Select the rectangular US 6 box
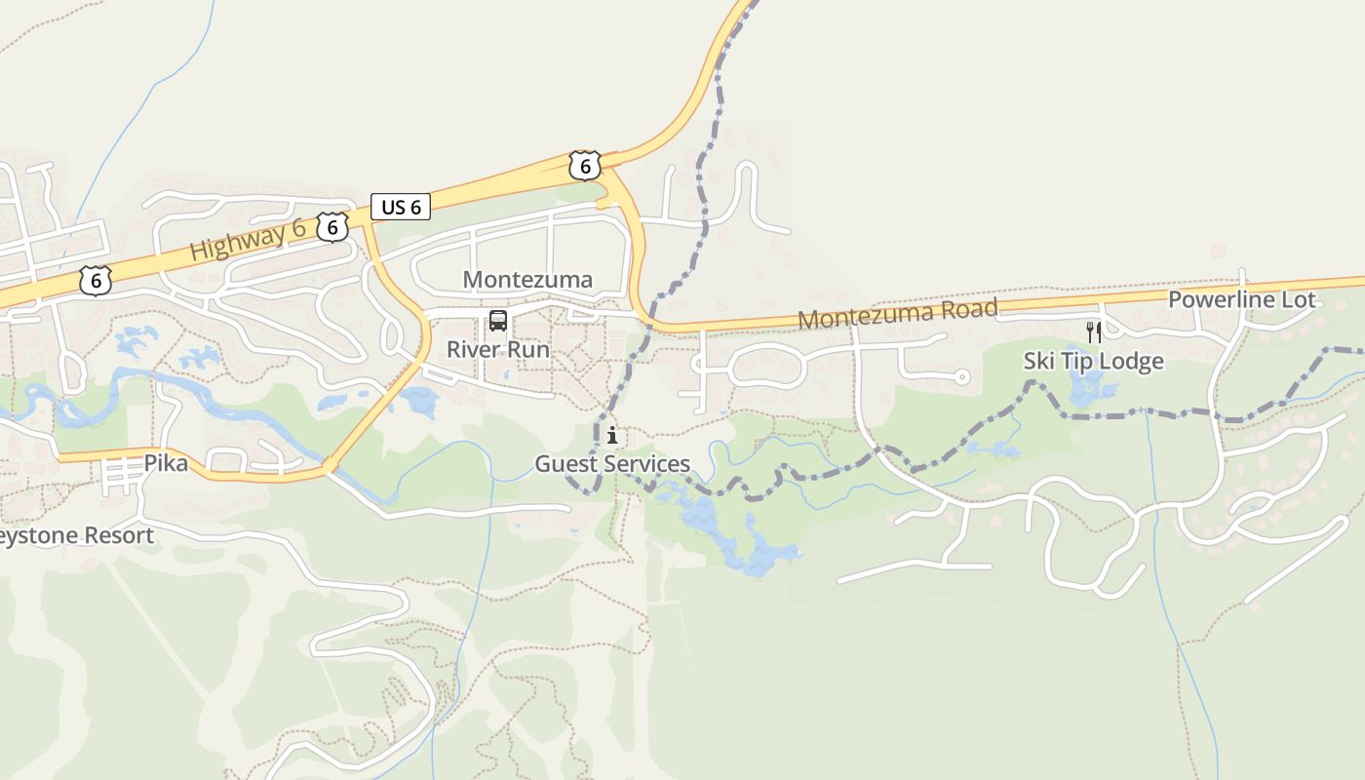(x=401, y=207)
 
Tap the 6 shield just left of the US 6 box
(x=332, y=227)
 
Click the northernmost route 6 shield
(x=584, y=166)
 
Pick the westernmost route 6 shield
(x=95, y=281)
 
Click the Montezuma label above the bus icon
(x=527, y=280)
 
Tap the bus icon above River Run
(x=498, y=320)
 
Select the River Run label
(x=498, y=349)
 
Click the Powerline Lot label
(x=1241, y=299)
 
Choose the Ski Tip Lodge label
(x=1093, y=362)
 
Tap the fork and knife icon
(x=1093, y=332)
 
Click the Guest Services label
(x=612, y=464)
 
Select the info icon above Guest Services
(x=612, y=435)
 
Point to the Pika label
(x=166, y=463)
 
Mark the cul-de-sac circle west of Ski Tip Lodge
(x=961, y=376)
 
